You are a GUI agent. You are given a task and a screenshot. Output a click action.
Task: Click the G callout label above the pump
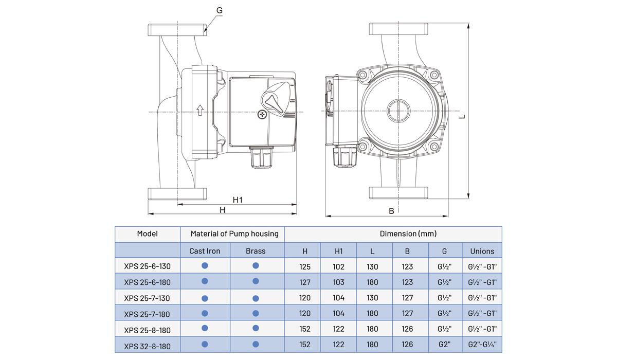point(220,10)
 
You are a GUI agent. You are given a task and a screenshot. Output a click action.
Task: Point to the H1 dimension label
point(238,200)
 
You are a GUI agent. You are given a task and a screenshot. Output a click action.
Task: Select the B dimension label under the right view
point(391,211)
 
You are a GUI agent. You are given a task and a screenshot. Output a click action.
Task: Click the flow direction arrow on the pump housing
point(199,110)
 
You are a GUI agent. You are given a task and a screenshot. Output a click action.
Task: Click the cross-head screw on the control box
point(262,115)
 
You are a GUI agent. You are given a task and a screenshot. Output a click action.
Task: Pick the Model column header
point(148,233)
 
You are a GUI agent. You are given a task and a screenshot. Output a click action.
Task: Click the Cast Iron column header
point(205,251)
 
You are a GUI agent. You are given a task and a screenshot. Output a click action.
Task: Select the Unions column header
point(482,251)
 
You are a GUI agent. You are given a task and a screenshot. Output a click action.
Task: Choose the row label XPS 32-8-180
point(147,346)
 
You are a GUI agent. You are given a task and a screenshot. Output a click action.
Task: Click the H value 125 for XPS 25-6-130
point(305,266)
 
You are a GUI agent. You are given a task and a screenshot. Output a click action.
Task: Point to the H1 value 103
point(339,282)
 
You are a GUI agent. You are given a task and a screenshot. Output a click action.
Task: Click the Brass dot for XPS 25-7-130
point(256,298)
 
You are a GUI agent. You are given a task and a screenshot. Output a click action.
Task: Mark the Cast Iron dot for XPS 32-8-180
point(205,344)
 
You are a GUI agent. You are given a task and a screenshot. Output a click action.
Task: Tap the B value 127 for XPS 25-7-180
point(407,313)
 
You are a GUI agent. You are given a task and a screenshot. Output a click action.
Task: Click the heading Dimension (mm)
point(408,233)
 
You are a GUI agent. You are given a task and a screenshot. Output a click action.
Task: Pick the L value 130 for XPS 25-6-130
point(372,266)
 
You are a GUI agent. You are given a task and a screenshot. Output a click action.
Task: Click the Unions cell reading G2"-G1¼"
point(482,345)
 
